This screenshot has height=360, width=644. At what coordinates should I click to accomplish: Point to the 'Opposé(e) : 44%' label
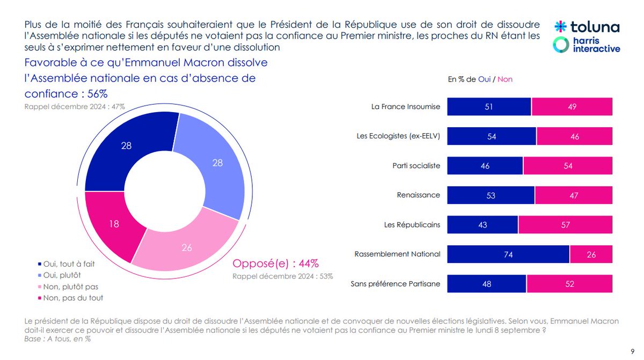click(x=275, y=263)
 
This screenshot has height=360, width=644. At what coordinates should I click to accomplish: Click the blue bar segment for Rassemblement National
click(x=508, y=254)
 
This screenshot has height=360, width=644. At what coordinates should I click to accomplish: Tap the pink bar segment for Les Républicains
click(x=565, y=225)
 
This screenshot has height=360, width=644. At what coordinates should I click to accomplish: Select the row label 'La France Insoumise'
click(x=406, y=107)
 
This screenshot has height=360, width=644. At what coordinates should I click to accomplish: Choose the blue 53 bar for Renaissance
click(x=491, y=195)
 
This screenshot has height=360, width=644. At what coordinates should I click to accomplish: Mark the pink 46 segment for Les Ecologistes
click(x=574, y=136)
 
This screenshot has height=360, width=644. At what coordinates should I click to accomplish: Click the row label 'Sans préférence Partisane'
click(x=396, y=284)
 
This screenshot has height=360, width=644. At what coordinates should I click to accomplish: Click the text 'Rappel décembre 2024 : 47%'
click(x=75, y=107)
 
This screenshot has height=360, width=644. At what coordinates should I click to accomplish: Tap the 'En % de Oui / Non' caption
click(x=480, y=79)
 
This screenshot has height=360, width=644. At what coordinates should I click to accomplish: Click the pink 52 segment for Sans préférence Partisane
click(x=569, y=284)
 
